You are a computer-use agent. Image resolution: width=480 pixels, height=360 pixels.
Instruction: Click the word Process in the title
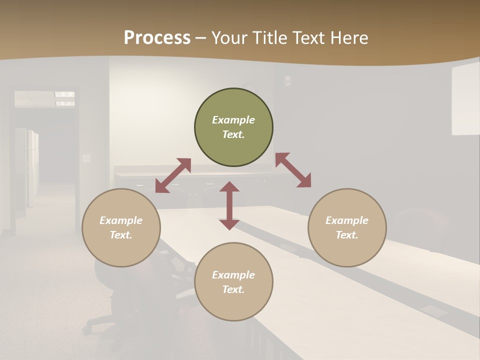point(157,37)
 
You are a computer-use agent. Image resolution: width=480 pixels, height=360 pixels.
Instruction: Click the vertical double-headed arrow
point(229,205)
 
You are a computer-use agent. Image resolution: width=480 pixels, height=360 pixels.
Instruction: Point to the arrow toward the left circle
point(173,175)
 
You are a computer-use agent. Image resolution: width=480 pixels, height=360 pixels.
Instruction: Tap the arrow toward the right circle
point(293,170)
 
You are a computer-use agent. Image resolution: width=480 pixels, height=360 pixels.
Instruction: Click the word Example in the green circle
point(233,120)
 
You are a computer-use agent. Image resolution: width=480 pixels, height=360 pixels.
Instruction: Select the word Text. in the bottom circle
point(233,289)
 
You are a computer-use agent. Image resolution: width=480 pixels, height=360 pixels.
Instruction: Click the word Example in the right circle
point(347,220)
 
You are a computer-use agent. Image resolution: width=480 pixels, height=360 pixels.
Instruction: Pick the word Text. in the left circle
point(121,235)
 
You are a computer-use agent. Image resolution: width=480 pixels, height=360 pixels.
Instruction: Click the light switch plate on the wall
point(87,158)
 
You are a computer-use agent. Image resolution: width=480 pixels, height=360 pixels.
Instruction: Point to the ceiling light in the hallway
point(65,98)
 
